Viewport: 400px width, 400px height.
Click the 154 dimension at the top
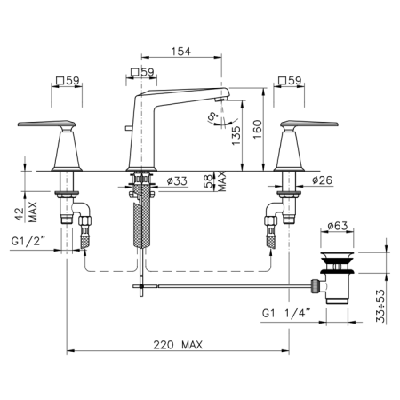[181, 52]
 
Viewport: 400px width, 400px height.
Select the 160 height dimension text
[258, 129]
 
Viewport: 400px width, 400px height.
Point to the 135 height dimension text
[236, 136]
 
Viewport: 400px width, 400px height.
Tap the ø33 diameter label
[177, 180]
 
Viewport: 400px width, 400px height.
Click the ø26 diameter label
[322, 180]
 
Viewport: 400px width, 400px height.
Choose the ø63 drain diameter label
[338, 226]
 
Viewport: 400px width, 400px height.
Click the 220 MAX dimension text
[178, 345]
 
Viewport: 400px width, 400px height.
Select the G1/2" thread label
[28, 241]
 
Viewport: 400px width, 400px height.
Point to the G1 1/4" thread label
[286, 313]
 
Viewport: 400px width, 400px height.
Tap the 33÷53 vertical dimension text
[380, 306]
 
